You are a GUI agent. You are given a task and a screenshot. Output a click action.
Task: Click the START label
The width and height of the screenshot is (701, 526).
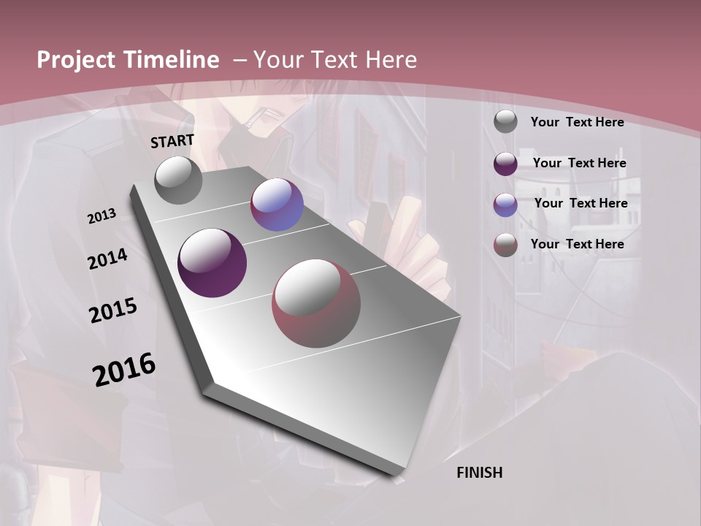pyautogui.click(x=172, y=141)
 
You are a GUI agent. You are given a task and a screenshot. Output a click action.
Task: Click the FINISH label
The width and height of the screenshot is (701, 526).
pyautogui.click(x=479, y=473)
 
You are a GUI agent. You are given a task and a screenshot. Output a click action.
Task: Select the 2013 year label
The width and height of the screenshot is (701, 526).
pyautogui.click(x=101, y=216)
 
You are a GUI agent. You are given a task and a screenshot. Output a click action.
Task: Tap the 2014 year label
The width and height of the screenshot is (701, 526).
pyautogui.click(x=107, y=259)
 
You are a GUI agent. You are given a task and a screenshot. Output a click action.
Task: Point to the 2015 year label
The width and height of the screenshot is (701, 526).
pyautogui.click(x=113, y=310)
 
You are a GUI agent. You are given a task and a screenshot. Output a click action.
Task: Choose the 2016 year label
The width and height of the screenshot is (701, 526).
pyautogui.click(x=124, y=370)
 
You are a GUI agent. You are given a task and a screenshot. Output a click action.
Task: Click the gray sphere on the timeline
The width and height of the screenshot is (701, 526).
pyautogui.click(x=179, y=180)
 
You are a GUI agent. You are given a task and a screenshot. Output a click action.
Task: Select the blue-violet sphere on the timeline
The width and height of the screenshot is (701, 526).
pyautogui.click(x=277, y=205)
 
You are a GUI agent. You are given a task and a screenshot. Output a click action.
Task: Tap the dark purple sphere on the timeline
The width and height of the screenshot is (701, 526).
pyautogui.click(x=212, y=263)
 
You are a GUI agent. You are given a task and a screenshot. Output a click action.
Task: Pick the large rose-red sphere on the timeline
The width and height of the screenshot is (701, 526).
pyautogui.click(x=316, y=303)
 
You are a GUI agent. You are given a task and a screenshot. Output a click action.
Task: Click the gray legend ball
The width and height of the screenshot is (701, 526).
pyautogui.click(x=505, y=122)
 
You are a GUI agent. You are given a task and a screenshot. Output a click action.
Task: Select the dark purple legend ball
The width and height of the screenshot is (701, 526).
pyautogui.click(x=505, y=163)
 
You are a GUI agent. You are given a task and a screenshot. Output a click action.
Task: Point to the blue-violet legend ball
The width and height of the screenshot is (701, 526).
pyautogui.click(x=505, y=204)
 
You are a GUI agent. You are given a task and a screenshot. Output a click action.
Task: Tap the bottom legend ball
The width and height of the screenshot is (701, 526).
pyautogui.click(x=505, y=245)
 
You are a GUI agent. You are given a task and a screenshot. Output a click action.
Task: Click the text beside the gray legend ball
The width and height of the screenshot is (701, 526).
pyautogui.click(x=577, y=122)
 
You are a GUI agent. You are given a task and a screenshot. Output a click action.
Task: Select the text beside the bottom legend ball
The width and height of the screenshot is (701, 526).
pyautogui.click(x=577, y=244)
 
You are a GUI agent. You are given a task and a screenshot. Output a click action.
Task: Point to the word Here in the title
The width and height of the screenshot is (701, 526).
pyautogui.click(x=390, y=60)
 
